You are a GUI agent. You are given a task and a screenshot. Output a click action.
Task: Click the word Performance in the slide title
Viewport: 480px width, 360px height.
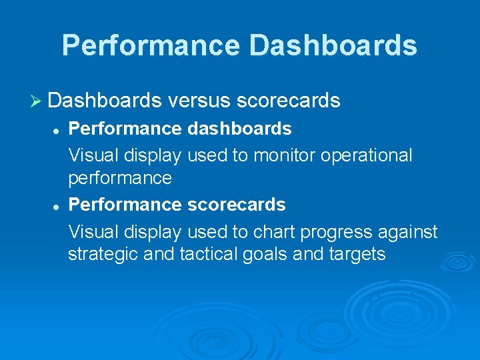151,45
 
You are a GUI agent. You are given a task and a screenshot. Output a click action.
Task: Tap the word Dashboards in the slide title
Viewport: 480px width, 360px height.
333,45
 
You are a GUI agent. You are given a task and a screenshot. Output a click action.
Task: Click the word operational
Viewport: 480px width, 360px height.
367,155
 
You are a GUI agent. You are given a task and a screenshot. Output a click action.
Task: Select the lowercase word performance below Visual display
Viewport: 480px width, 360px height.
120,179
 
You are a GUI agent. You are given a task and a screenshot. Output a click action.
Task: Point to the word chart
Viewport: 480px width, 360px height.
273,231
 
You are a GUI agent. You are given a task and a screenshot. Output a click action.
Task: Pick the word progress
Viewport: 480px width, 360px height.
336,232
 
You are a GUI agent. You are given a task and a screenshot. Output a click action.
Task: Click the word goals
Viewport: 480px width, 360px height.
267,255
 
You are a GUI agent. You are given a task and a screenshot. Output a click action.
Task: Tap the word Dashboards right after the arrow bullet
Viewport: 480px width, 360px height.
105,101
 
